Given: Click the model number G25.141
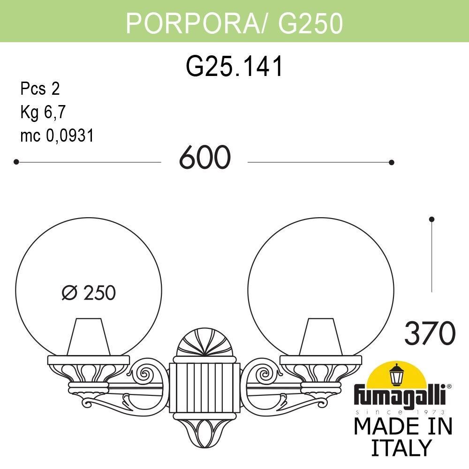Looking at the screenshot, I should [234, 67].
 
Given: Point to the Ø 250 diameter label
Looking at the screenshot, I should [89, 293].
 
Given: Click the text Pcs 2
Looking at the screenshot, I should [40, 89].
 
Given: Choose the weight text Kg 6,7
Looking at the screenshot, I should [43, 113].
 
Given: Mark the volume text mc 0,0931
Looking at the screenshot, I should [57, 136].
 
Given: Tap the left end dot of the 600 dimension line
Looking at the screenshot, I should [16, 162].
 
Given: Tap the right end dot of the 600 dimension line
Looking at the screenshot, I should [392, 162].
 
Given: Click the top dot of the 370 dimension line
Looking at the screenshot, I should [431, 219].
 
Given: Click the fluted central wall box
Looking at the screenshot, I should [205, 382].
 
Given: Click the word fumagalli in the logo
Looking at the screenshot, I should [401, 396].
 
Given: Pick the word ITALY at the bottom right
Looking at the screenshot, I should [401, 447].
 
